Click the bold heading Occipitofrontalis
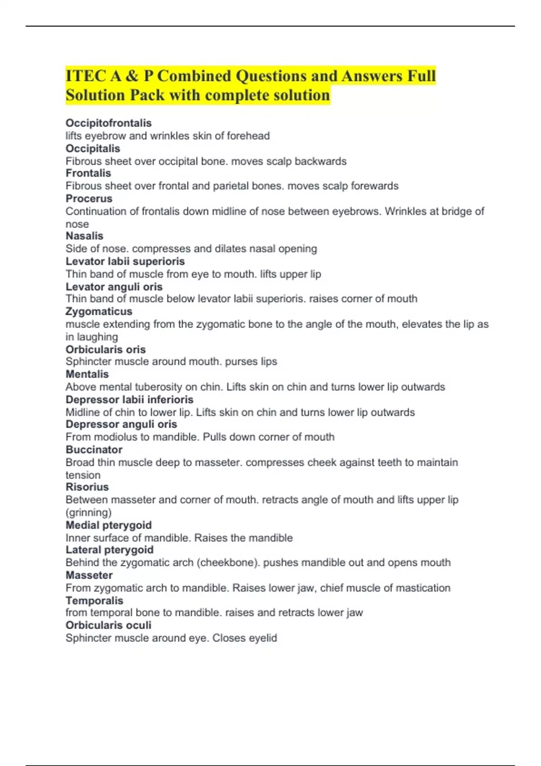pos(108,123)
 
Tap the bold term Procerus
pos(89,199)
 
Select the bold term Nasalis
pos(84,236)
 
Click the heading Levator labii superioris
pos(125,261)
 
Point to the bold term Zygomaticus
pos(99,311)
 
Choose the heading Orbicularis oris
pos(105,349)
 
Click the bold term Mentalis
pos(87,374)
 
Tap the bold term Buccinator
pos(94,450)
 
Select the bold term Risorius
pos(87,487)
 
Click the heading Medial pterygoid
pos(108,525)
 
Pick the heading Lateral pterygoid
pos(109,550)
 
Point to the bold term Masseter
pos(89,575)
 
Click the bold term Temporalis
pos(94,601)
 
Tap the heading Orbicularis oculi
pos(108,625)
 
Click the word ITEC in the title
pos(85,76)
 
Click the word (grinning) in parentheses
pos(88,512)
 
